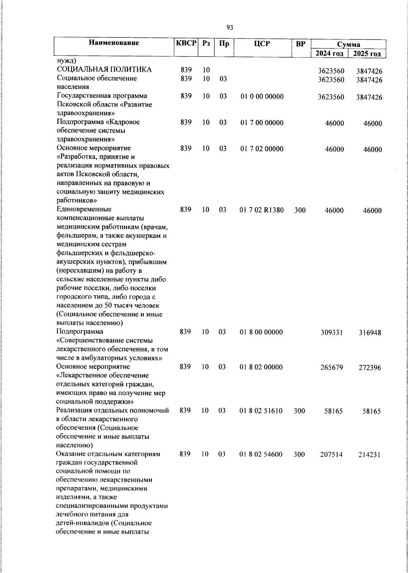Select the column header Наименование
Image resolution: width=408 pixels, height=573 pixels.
click(x=114, y=43)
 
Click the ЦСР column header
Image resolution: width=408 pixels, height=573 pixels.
click(x=261, y=44)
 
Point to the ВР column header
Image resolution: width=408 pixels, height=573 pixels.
click(x=301, y=44)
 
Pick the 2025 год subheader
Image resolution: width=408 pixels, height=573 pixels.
click(x=367, y=53)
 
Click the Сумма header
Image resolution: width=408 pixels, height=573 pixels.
click(x=348, y=45)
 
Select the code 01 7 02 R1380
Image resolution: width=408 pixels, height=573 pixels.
click(x=261, y=210)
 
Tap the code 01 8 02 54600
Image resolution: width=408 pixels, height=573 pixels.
click(x=261, y=454)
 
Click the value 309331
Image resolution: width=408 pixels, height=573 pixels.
click(x=332, y=332)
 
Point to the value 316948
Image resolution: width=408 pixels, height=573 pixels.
click(x=370, y=332)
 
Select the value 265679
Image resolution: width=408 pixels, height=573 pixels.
click(x=332, y=367)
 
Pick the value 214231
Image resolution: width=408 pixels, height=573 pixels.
click(x=370, y=455)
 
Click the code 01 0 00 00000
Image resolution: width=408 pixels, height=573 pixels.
click(x=262, y=97)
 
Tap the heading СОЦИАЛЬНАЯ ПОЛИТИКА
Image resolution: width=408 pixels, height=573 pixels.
click(x=104, y=70)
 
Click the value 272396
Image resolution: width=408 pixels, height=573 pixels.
click(x=370, y=368)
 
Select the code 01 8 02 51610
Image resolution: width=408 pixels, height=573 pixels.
click(x=261, y=411)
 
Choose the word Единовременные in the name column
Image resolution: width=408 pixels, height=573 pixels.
click(x=84, y=209)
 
